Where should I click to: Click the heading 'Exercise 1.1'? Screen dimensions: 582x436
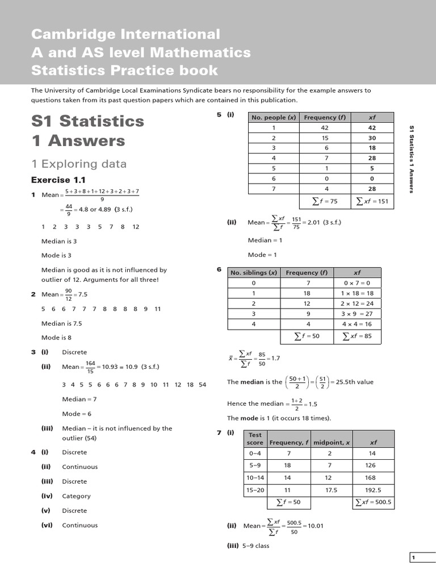(58, 180)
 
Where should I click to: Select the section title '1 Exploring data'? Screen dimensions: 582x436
(79, 164)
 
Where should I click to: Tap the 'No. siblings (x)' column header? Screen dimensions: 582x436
(254, 272)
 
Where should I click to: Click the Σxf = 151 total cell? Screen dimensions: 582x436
(372, 201)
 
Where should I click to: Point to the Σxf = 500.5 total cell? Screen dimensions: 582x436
(373, 502)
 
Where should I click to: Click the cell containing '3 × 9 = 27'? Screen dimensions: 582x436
(357, 314)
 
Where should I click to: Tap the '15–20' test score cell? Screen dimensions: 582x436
(253, 489)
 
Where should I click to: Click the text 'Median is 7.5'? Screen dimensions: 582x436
(62, 323)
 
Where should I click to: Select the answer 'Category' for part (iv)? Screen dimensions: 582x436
(76, 496)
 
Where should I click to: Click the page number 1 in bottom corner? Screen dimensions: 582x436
(413, 558)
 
